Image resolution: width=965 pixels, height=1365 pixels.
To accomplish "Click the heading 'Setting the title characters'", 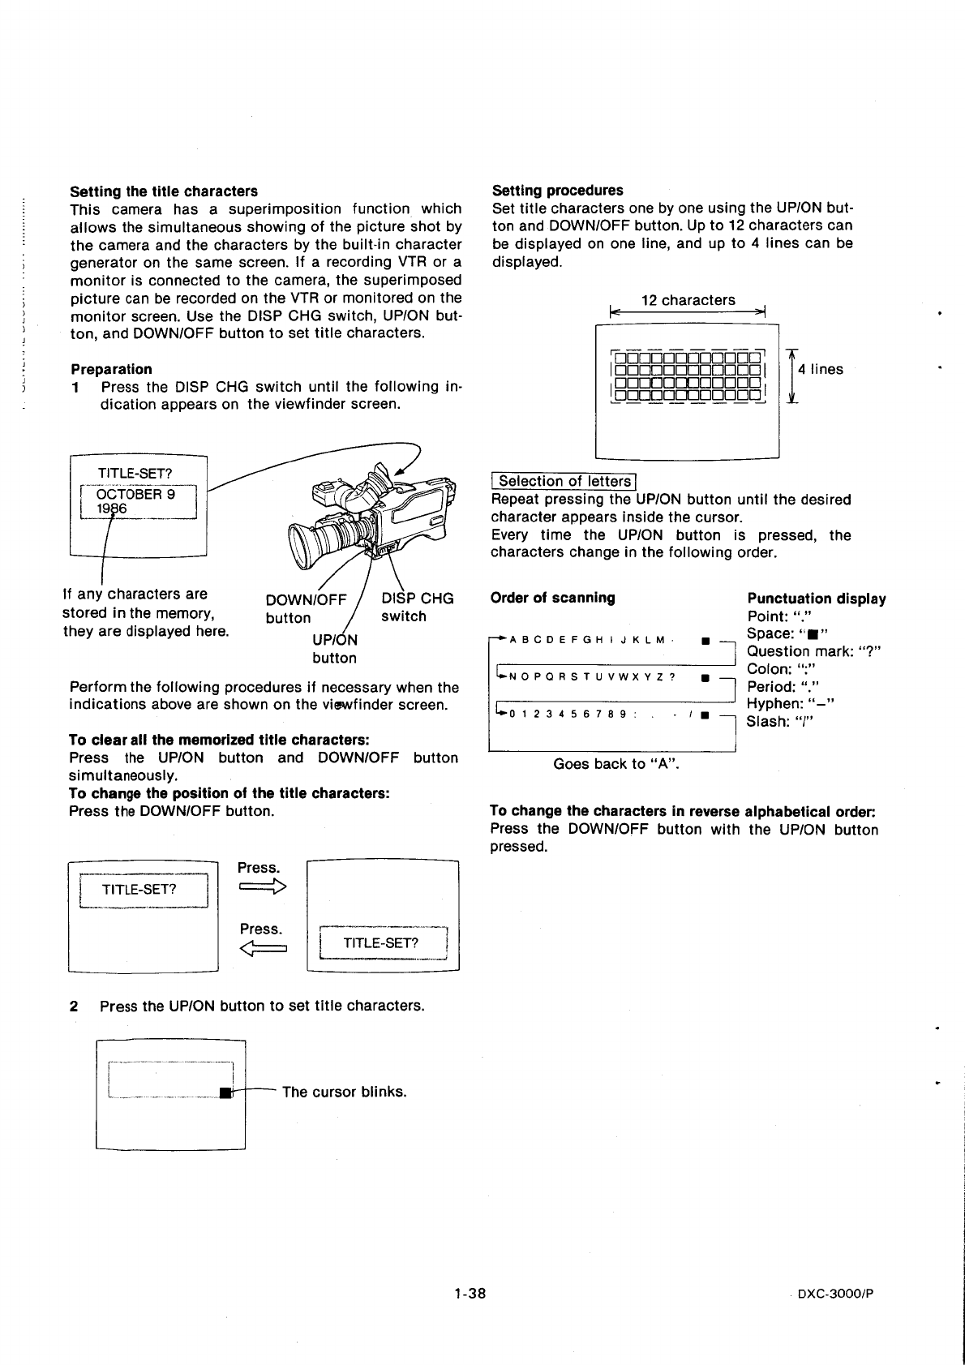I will pyautogui.click(x=164, y=191).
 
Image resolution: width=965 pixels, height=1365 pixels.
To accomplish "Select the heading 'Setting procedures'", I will pyautogui.click(x=558, y=191).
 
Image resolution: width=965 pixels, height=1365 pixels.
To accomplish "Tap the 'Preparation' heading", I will pyautogui.click(x=111, y=369).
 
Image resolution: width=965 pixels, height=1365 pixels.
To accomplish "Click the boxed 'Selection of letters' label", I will pyautogui.click(x=564, y=482).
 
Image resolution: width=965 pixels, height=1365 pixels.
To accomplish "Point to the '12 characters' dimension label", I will pyautogui.click(x=688, y=300).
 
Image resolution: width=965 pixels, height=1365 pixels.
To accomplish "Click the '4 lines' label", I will pyautogui.click(x=820, y=370).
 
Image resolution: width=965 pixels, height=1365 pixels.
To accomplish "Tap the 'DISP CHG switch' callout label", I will pyautogui.click(x=417, y=607).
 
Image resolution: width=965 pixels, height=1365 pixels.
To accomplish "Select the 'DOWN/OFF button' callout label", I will pyautogui.click(x=306, y=608).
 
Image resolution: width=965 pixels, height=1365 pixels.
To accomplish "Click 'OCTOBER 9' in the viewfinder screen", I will pyautogui.click(x=135, y=494).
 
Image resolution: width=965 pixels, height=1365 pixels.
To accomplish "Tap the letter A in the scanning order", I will pyautogui.click(x=514, y=640).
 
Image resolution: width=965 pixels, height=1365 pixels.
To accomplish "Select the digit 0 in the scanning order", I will pyautogui.click(x=514, y=714).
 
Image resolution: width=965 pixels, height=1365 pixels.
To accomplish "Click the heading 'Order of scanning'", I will pyautogui.click(x=553, y=599).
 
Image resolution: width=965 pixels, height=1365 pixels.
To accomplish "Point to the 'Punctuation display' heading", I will pyautogui.click(x=816, y=599).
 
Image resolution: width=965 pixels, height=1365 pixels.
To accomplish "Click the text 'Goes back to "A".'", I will pyautogui.click(x=615, y=764).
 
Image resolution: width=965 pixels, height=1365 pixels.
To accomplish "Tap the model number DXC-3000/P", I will pyautogui.click(x=835, y=1294).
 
